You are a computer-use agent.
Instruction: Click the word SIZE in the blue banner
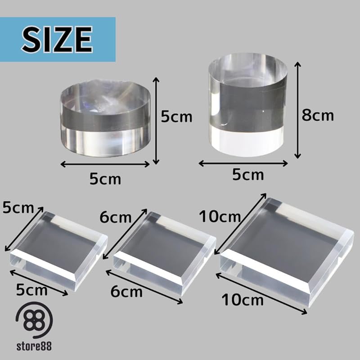57,39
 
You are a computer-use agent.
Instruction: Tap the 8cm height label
318,115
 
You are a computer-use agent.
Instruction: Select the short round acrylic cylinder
105,118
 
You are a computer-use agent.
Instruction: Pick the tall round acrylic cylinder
248,105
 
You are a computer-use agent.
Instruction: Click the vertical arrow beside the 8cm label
297,110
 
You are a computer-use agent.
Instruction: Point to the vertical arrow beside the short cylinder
156,121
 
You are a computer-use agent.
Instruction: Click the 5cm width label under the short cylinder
105,179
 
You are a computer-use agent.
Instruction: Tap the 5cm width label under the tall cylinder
248,175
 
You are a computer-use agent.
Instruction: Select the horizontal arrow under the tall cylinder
243,163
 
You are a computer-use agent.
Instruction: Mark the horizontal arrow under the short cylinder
105,164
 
